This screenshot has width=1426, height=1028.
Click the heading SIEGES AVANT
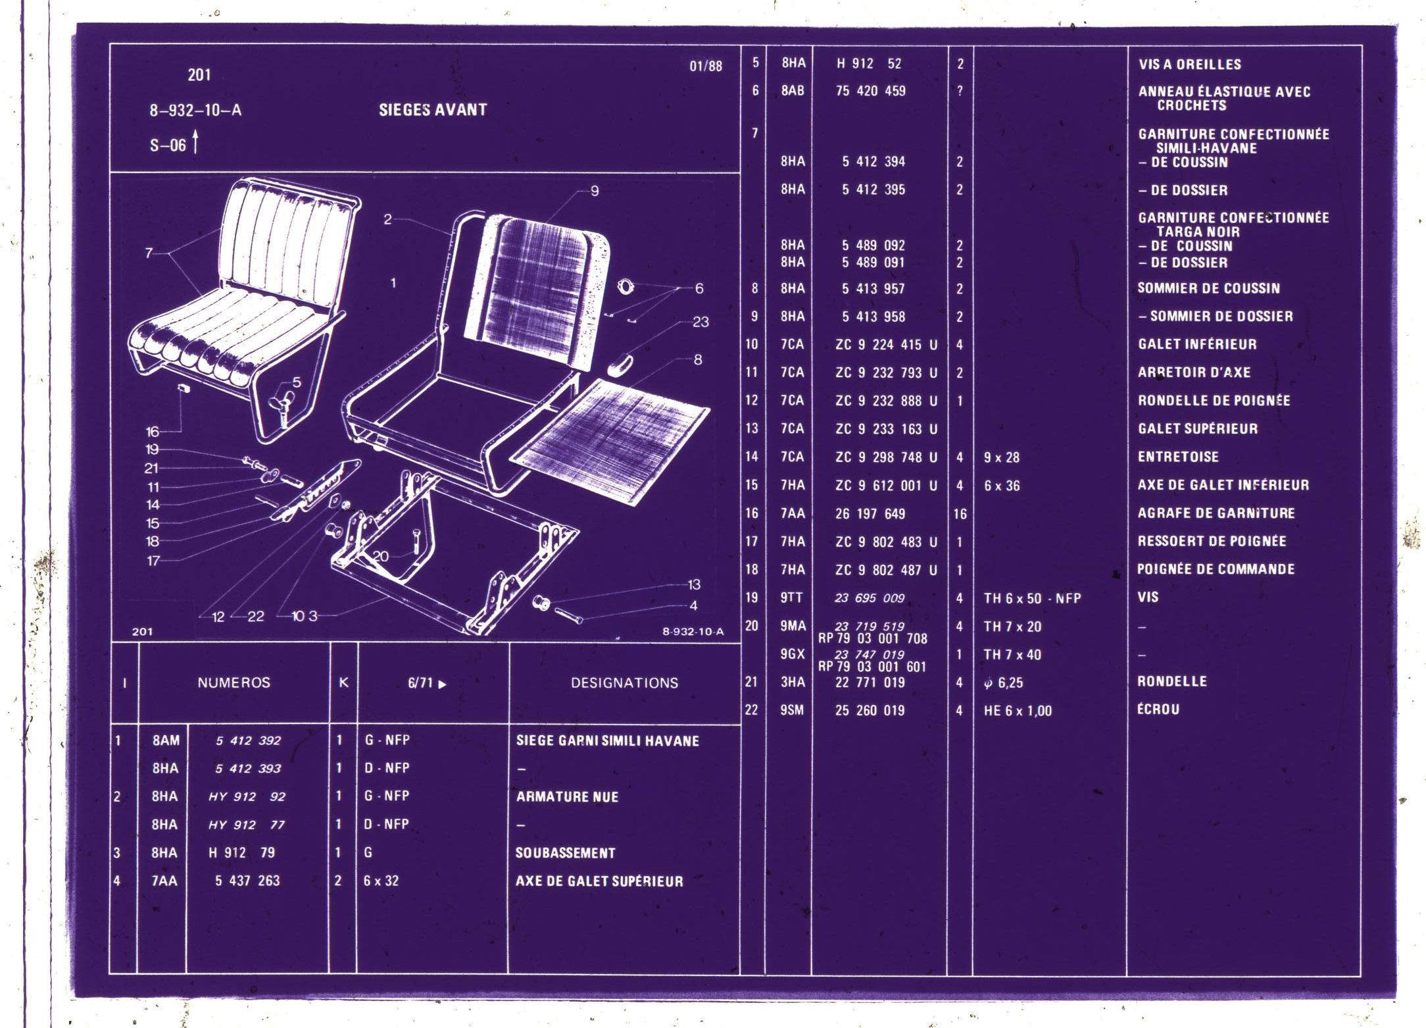point(433,110)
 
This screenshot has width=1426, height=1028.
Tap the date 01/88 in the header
point(706,66)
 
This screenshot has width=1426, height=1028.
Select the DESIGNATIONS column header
point(624,683)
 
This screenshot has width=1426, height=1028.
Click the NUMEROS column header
point(234,682)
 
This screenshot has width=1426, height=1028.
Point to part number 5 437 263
point(247,881)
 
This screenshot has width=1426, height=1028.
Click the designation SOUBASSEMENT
point(565,853)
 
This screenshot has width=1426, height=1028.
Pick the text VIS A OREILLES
point(1190,64)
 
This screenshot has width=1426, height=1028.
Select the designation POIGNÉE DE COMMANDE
point(1216,569)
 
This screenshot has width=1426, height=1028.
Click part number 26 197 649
point(870,513)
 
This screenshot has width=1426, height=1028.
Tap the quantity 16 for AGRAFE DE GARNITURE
point(960,514)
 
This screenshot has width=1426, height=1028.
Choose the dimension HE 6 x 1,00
point(1018,711)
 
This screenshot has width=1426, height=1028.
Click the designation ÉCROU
point(1158,709)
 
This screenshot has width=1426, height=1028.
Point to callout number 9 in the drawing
point(595,191)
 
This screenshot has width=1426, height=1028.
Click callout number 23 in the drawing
point(701,322)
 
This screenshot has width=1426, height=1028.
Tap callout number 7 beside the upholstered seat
point(149,253)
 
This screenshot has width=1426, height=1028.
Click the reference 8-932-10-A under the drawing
point(693,632)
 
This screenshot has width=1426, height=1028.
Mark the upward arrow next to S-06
point(195,141)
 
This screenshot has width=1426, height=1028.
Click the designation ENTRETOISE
point(1178,457)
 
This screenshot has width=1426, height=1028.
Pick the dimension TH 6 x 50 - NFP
point(1032,598)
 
